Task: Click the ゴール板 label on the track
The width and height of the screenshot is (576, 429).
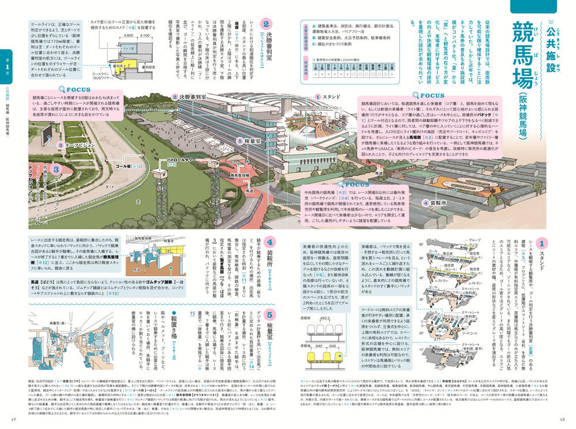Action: [x=136, y=166]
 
